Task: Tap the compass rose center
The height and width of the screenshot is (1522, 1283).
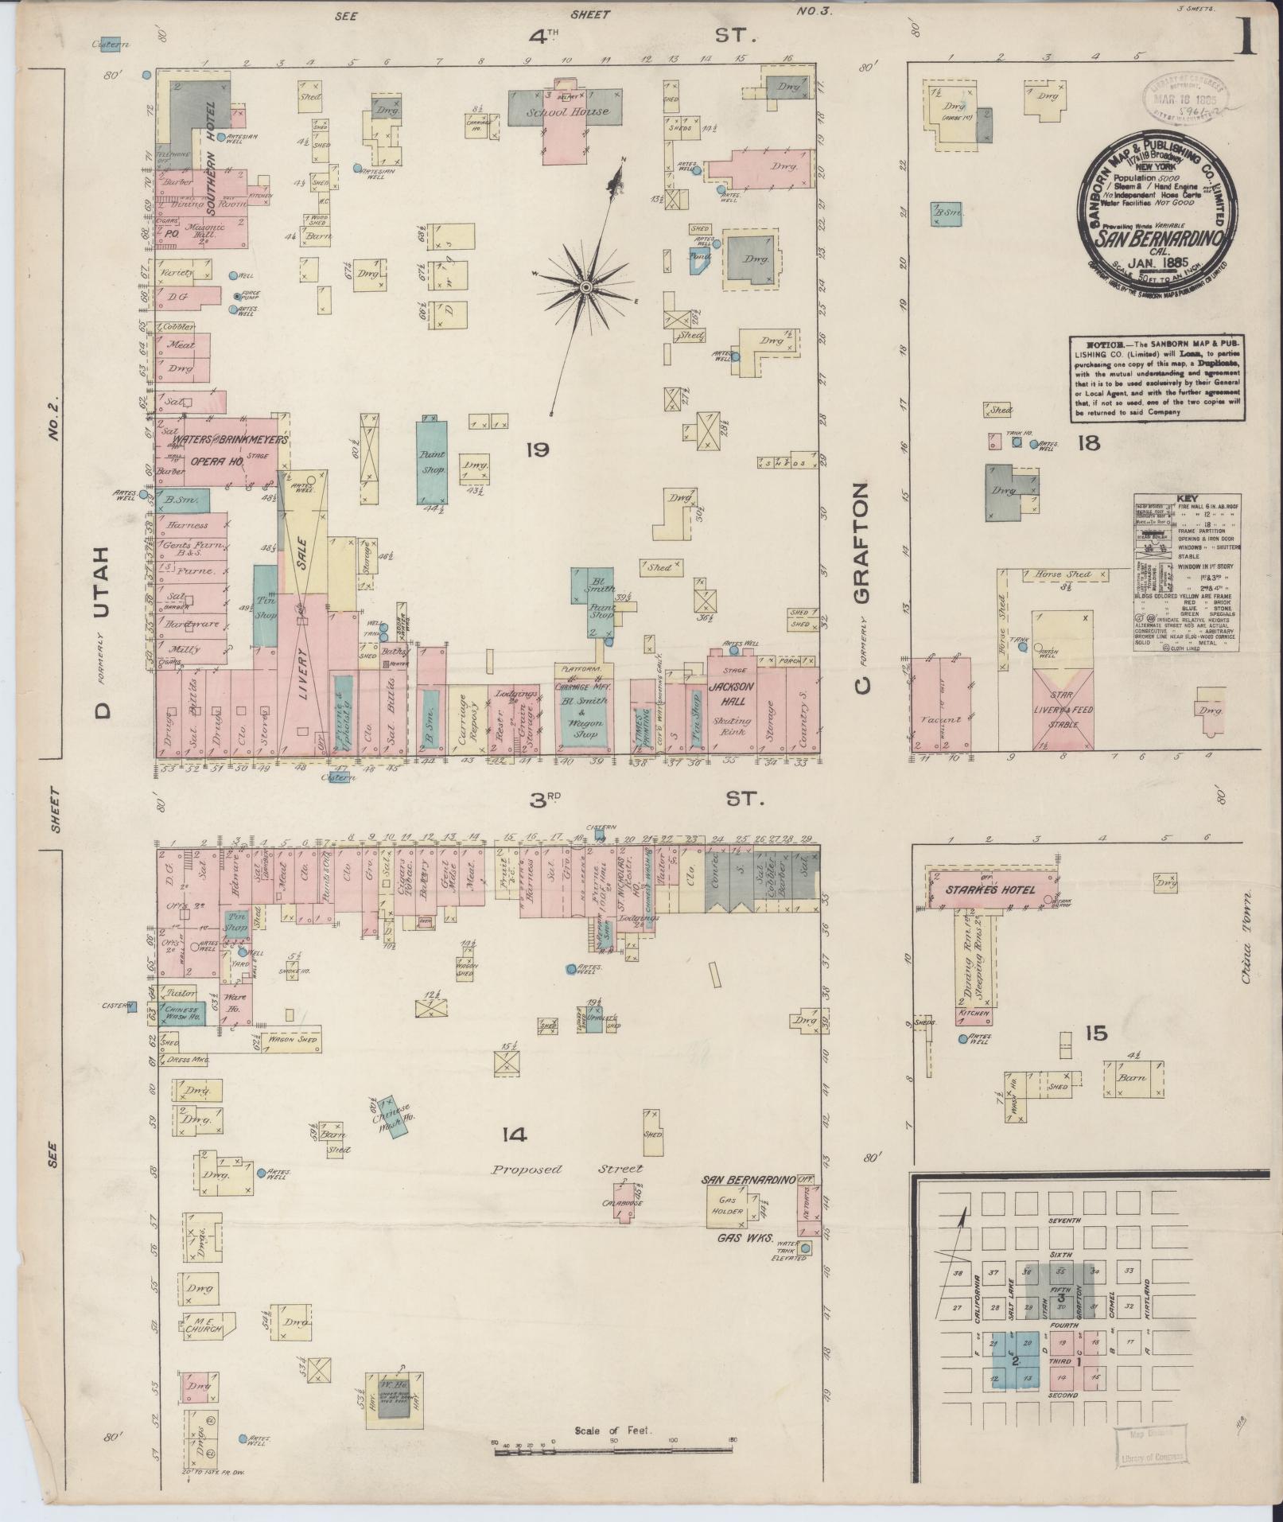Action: [x=585, y=286]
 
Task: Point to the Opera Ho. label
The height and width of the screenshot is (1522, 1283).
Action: [x=216, y=461]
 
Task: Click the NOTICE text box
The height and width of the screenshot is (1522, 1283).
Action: [x=1157, y=378]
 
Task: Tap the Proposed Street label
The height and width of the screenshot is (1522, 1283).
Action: [x=566, y=1170]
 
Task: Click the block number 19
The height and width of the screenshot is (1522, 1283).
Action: [x=538, y=450]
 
